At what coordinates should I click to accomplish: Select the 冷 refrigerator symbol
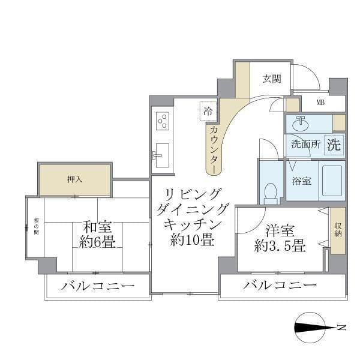coord(208,110)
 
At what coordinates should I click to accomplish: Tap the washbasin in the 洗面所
coord(299,124)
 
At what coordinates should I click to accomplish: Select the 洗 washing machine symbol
coord(334,145)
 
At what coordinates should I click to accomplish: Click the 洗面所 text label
coord(305,145)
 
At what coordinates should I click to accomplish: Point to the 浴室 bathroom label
coord(301,181)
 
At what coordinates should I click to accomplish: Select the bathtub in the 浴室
coord(331,181)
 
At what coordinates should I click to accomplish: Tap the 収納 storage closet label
coord(337,230)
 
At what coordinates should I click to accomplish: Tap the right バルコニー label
coord(280,286)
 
